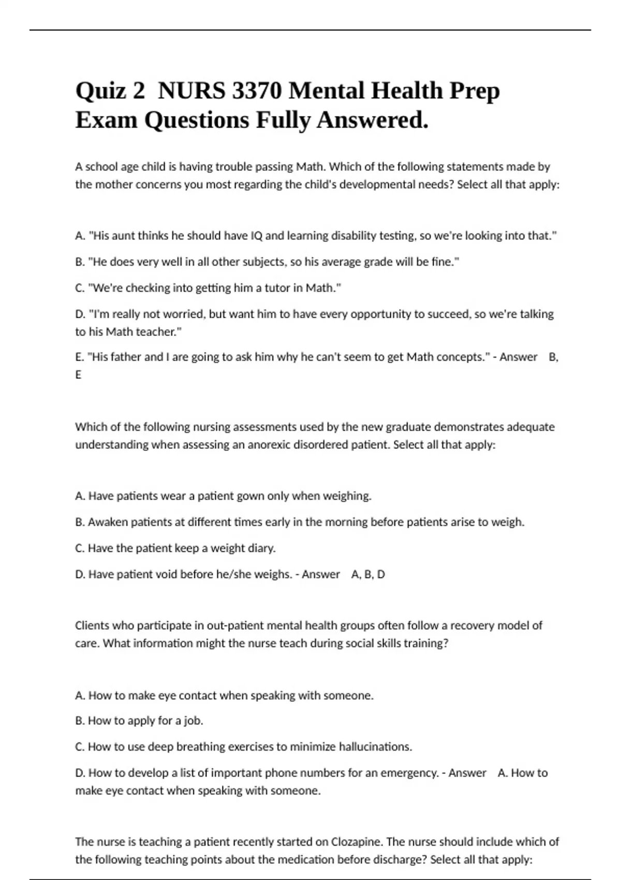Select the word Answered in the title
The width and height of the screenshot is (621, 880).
tap(372, 121)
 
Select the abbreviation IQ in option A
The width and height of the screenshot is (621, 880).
tap(256, 236)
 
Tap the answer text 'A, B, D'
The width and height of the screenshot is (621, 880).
tap(368, 574)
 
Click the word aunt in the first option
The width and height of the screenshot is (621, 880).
tap(122, 236)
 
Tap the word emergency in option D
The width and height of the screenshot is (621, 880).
tap(409, 773)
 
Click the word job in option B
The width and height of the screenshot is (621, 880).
tap(194, 721)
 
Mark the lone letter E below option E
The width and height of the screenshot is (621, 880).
tap(78, 375)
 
